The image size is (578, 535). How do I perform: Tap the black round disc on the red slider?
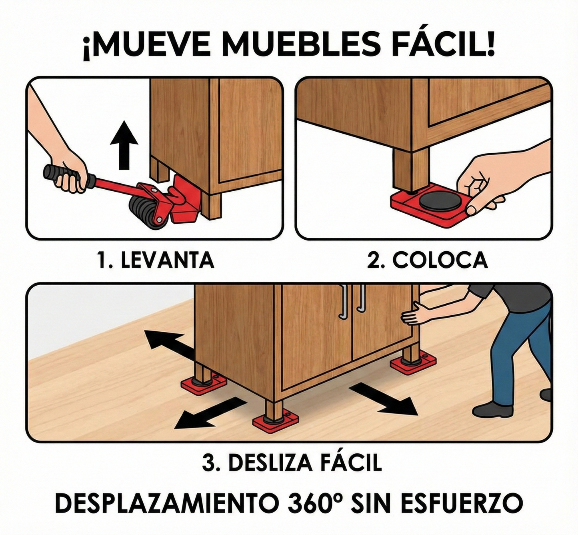(439, 200)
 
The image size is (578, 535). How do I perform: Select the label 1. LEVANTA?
(156, 260)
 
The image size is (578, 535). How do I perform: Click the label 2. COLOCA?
(428, 260)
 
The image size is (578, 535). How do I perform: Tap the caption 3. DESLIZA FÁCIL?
(292, 463)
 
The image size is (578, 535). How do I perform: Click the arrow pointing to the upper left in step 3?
(166, 345)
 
